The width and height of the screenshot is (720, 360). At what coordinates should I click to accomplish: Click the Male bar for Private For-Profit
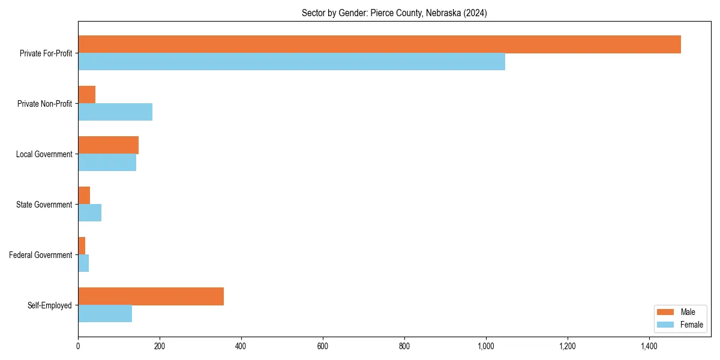(x=379, y=44)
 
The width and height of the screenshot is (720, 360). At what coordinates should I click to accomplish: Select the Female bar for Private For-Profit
(x=292, y=62)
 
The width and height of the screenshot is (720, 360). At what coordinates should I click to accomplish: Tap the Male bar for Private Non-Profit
(x=86, y=95)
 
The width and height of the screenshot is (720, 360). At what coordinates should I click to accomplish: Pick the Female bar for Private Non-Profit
(x=115, y=112)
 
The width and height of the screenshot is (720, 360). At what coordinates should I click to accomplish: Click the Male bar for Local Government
(x=108, y=145)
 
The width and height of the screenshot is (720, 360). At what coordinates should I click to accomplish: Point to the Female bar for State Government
(x=89, y=213)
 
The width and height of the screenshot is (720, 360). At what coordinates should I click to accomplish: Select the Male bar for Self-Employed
(x=151, y=296)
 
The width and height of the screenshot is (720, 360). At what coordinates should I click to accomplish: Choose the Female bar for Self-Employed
(x=105, y=314)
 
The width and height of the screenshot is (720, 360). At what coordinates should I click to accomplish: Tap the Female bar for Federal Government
(x=83, y=263)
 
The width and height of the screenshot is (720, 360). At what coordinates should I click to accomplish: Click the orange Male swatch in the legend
(x=665, y=312)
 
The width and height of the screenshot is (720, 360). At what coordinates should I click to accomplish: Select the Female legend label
(x=691, y=325)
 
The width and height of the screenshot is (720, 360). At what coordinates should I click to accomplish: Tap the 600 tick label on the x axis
(x=323, y=346)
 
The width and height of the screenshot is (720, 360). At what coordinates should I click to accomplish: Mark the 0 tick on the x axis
(x=78, y=346)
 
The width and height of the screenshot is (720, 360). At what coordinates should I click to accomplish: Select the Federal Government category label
(x=41, y=255)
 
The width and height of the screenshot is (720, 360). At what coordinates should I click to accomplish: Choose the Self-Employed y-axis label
(x=50, y=305)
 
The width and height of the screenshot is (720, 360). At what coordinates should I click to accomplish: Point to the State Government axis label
(x=44, y=205)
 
